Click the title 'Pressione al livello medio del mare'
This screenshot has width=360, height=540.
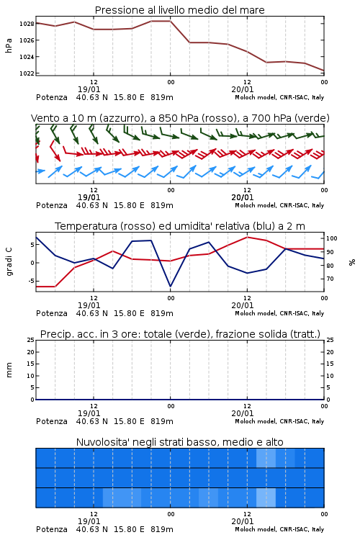coord(179,10)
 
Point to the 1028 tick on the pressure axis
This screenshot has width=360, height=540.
coord(27,24)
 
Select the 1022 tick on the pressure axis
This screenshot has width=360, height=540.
coord(27,73)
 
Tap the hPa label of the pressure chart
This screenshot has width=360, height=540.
coord(9,45)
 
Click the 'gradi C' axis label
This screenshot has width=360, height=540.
coord(9,262)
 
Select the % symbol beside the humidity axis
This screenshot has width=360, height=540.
coord(352,262)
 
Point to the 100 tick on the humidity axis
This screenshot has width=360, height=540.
coord(332,238)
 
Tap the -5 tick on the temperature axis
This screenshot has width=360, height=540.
coord(31,281)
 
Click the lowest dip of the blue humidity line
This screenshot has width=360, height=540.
coord(170,286)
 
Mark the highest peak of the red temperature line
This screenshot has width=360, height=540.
coord(247,237)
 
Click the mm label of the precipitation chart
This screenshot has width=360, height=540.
coord(9,370)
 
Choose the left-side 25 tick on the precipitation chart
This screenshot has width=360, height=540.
coord(31,340)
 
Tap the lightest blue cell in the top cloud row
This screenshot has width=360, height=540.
coord(266,458)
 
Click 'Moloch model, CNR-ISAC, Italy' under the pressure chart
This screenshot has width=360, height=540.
coord(279,97)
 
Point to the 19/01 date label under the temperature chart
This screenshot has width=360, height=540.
coord(89,305)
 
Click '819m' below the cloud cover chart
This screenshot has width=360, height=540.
coord(161,529)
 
